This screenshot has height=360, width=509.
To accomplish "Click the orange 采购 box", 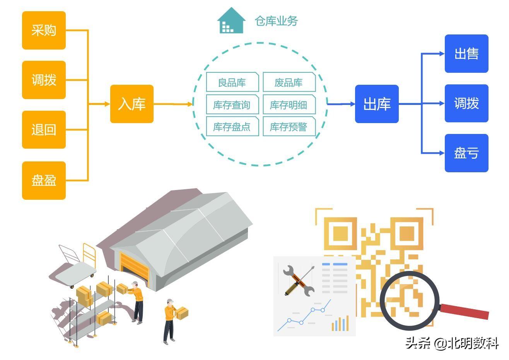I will (x=44, y=30).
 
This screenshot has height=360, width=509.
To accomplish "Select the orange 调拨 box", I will (x=44, y=80).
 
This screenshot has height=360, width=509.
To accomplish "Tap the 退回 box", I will (x=44, y=130).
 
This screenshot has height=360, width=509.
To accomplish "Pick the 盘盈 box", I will (x=44, y=180).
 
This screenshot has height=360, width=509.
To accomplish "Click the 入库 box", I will (x=132, y=104).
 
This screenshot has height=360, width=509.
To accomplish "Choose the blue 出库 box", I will (x=377, y=104).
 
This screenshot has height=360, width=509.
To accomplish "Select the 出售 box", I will (x=466, y=53).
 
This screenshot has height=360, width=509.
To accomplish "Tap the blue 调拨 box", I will (x=466, y=103).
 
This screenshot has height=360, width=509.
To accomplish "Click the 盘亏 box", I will (x=466, y=153).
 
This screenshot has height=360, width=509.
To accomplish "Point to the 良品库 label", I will (x=232, y=82).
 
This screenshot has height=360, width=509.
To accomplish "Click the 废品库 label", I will (x=289, y=82).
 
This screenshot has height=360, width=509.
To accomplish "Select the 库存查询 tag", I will (x=232, y=105).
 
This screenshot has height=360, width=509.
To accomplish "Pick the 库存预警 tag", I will (x=289, y=127).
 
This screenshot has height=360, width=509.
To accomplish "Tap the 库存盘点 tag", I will (x=232, y=127).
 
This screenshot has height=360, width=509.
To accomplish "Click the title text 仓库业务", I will (x=276, y=21).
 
